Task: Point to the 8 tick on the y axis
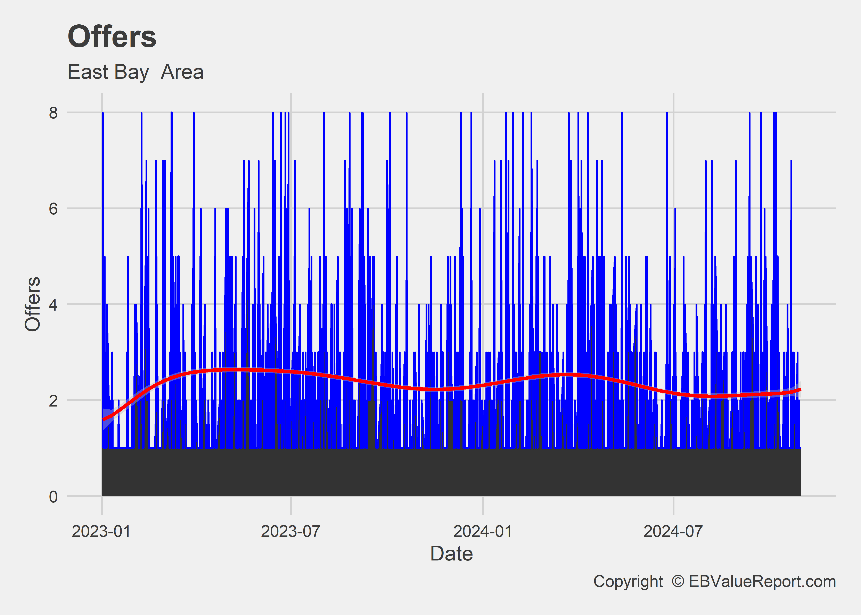click(x=53, y=113)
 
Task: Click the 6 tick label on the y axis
click(x=53, y=208)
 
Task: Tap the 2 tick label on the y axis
click(x=53, y=400)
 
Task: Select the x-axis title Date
click(x=451, y=554)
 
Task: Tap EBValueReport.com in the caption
click(x=762, y=581)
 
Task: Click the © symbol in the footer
click(x=678, y=581)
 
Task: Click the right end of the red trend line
click(x=800, y=389)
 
